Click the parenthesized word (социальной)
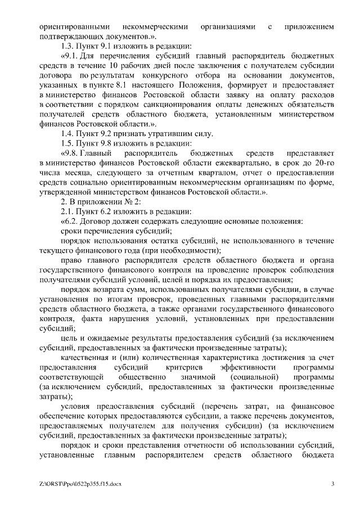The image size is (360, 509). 254,376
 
